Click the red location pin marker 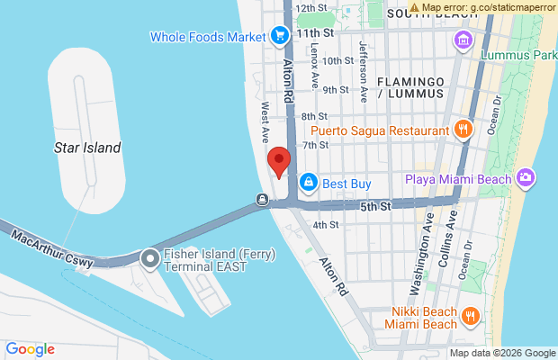280,163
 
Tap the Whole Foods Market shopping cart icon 280,37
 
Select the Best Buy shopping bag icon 309,183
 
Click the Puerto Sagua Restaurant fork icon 463,130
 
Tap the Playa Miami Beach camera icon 526,178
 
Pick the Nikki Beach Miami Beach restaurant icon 469,317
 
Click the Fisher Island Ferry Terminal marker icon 149,260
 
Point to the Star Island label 87,147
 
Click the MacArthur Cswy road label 50,249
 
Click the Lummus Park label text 519,55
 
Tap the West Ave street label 265,122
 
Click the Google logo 30,349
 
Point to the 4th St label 325,224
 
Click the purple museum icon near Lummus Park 463,40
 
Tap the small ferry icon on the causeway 261,199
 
